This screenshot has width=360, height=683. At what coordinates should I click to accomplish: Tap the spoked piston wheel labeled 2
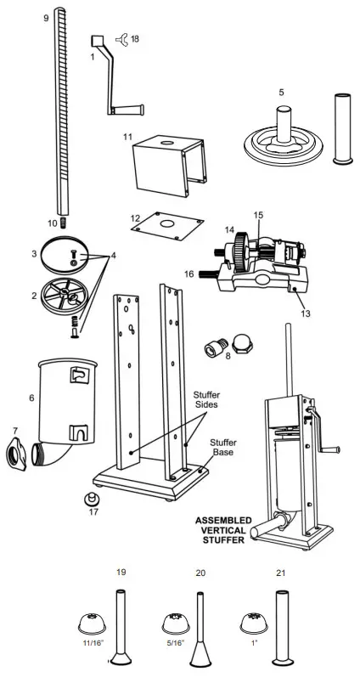pos(65,300)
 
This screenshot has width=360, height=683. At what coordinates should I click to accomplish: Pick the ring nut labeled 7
pos(20,452)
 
